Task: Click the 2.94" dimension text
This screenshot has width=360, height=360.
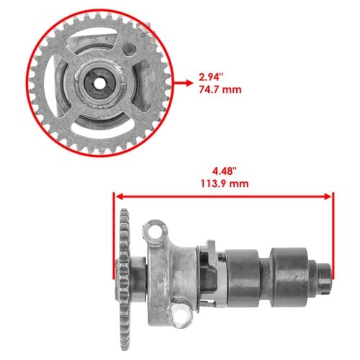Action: click(211, 77)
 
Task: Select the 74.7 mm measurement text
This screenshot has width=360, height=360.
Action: click(220, 90)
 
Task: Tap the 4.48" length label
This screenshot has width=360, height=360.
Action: click(225, 171)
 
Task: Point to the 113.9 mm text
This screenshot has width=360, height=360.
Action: click(225, 184)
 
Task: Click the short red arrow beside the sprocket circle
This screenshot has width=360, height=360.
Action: click(183, 83)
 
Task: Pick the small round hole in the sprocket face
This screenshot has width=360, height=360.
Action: click(130, 49)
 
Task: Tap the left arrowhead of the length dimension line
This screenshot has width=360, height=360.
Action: click(120, 197)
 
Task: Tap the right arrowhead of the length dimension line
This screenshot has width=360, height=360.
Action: click(328, 197)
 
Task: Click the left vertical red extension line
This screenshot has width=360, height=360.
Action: click(114, 235)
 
